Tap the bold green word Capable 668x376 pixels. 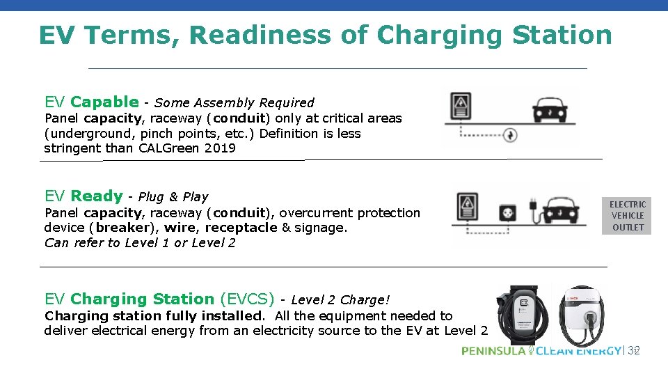click(x=104, y=102)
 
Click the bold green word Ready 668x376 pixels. click(x=97, y=196)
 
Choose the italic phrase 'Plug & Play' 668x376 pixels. click(x=173, y=197)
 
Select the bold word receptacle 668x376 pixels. click(x=241, y=228)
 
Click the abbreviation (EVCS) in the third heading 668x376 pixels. click(x=247, y=299)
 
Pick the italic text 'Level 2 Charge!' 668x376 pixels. click(x=340, y=300)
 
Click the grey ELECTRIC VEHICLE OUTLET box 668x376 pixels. click(x=628, y=216)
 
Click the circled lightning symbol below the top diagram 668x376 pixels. click(x=510, y=134)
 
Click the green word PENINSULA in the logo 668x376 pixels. click(x=493, y=351)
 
